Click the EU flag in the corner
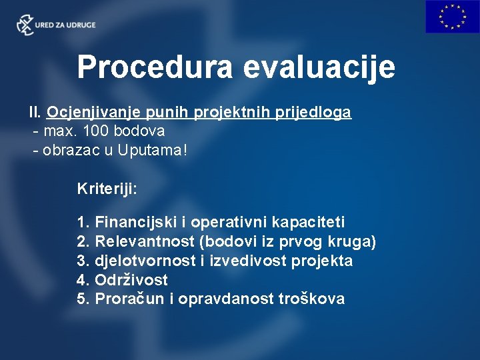(x=452, y=17)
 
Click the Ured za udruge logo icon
(x=25, y=25)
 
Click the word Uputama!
(x=153, y=150)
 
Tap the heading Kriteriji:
(x=107, y=189)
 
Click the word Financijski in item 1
(x=131, y=222)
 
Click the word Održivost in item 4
(x=131, y=280)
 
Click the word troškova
(x=313, y=299)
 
